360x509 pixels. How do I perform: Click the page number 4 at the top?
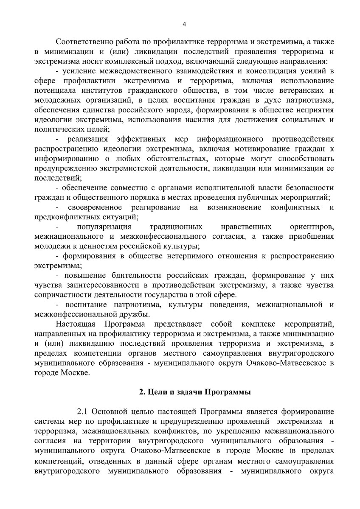184,24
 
